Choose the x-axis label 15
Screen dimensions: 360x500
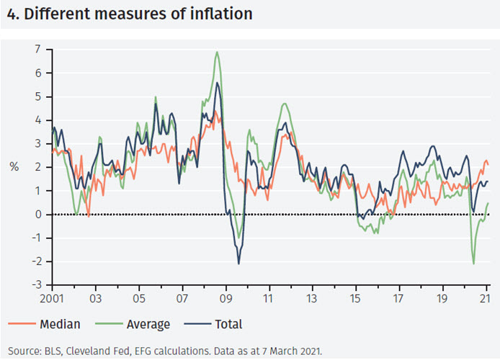(x=355, y=297)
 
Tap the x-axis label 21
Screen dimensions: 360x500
(x=485, y=297)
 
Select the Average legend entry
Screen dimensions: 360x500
(x=148, y=324)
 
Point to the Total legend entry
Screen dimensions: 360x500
(x=228, y=324)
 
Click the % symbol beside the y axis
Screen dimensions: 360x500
(x=14, y=167)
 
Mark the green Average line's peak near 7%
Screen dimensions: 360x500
(x=217, y=52)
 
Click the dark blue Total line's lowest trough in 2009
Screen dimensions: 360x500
(x=238, y=264)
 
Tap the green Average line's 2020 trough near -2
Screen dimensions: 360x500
(x=473, y=264)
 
